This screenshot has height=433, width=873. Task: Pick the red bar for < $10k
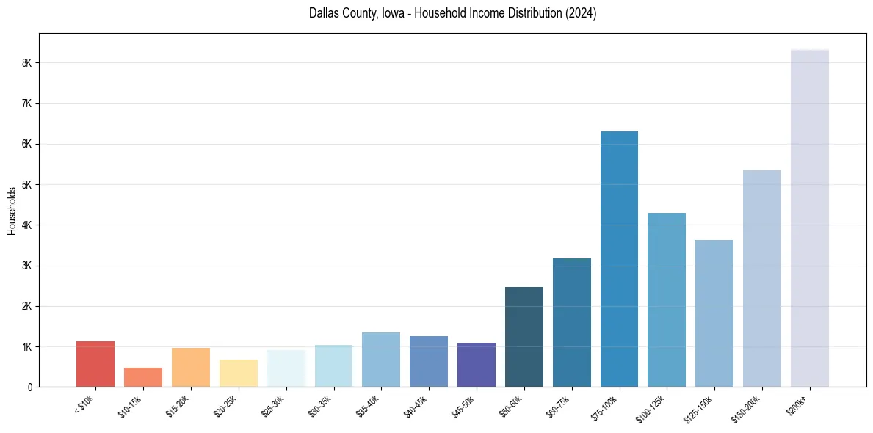(x=95, y=364)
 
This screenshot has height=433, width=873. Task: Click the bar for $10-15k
(x=143, y=377)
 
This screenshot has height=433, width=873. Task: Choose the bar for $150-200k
(x=761, y=279)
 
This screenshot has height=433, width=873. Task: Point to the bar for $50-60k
(x=524, y=337)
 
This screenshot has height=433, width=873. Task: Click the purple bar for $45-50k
(x=477, y=365)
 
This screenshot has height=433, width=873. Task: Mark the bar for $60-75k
(x=571, y=323)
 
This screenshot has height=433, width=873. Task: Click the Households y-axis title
(x=12, y=211)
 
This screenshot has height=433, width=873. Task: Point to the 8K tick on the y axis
(x=27, y=63)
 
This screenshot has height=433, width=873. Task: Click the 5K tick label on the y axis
(x=27, y=185)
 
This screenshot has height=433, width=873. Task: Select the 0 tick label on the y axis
(x=30, y=387)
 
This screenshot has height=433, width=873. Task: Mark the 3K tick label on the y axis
(x=27, y=266)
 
